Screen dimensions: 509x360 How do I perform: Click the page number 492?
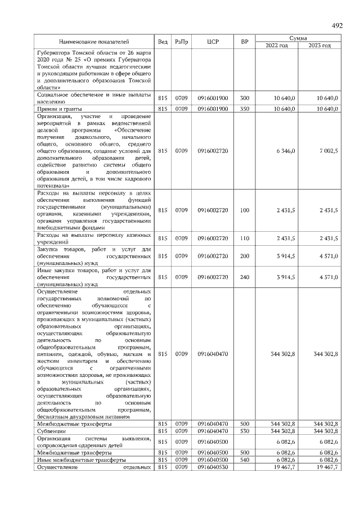coord(337,26)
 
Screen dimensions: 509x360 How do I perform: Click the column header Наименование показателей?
coord(93,42)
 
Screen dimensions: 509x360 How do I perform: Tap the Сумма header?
coord(298,38)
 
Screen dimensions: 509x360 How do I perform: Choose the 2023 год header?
coord(319,46)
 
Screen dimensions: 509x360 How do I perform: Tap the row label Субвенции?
coord(51,430)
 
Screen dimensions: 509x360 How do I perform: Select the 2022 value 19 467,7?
coord(285,467)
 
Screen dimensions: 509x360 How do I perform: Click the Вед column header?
coord(163,42)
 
